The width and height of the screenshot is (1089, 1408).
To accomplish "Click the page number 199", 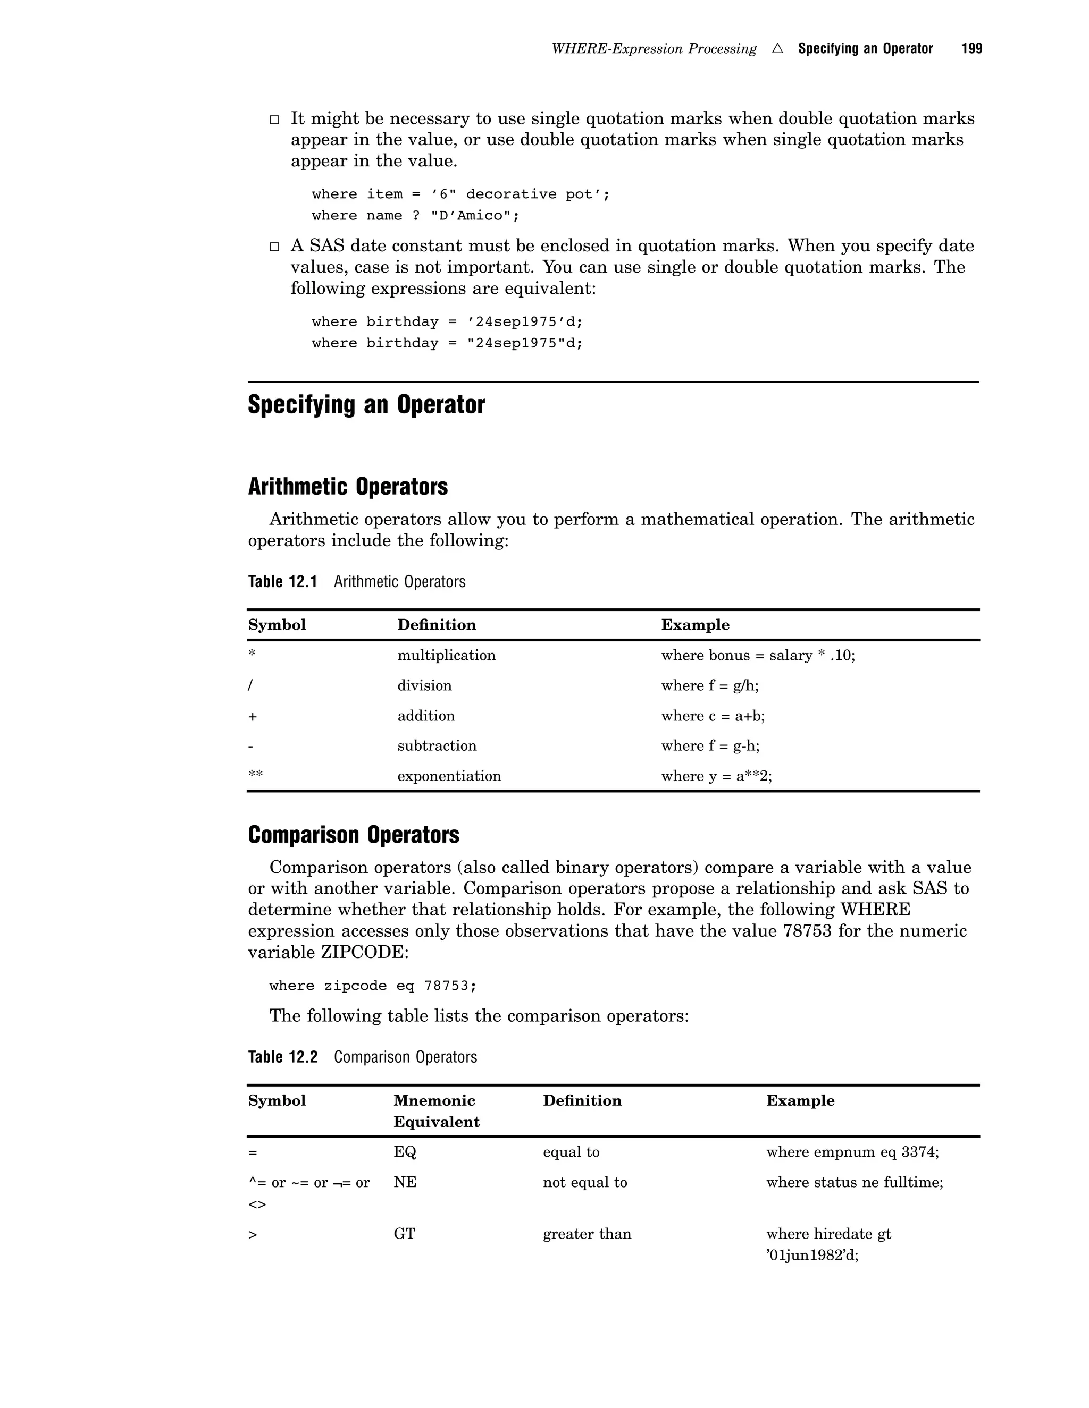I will coord(971,48).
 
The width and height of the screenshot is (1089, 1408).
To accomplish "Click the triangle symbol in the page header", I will coord(777,48).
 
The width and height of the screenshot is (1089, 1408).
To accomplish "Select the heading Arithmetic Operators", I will coord(347,487).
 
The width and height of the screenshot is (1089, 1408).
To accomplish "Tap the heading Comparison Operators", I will coord(353,835).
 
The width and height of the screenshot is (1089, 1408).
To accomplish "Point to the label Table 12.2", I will coord(282,1057).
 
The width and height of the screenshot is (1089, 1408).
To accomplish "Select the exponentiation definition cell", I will coord(448,776).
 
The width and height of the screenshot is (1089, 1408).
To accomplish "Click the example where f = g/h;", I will coord(710,686).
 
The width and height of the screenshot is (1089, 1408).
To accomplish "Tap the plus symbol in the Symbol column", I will coord(252,716).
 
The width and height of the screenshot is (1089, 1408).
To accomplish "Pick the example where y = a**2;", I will coord(716,776).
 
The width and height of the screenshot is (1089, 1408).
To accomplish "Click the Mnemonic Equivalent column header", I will coord(436,1112).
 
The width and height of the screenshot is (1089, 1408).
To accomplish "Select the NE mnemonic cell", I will coord(405,1182).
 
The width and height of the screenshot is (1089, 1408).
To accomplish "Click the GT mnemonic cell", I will coord(404,1234).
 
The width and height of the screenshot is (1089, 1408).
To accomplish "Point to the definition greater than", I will coord(587,1234).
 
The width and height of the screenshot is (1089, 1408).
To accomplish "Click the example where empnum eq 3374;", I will coord(852,1152).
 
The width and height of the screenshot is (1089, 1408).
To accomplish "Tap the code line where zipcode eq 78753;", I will coord(373,986).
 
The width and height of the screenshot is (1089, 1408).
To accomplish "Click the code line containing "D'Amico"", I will coord(415,216).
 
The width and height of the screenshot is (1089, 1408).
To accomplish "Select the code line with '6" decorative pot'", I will coord(460,194).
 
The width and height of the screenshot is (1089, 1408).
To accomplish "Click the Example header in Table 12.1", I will coord(695,625).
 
